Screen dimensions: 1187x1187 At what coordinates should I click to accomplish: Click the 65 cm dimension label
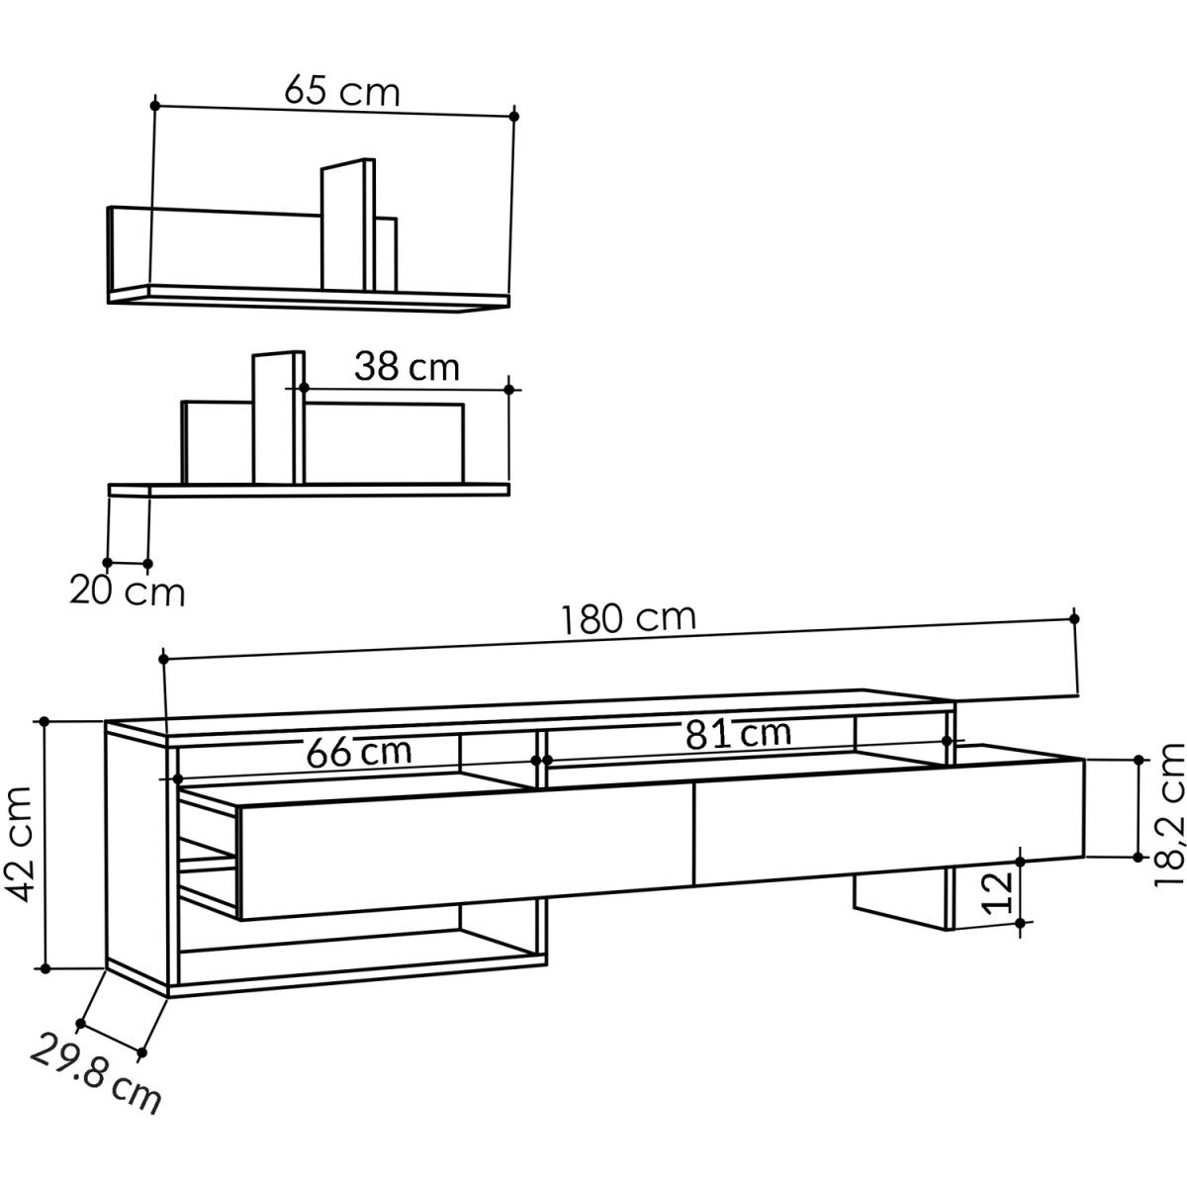[x=342, y=92]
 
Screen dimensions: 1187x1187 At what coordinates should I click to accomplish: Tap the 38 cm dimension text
[x=407, y=367]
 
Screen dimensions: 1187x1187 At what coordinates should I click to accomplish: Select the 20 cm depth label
[x=127, y=592]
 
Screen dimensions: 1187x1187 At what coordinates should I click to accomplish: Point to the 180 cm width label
[x=629, y=618]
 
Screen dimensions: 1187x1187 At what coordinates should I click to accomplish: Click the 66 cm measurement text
[x=358, y=752]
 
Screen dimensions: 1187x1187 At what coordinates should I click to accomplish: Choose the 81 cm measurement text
[x=737, y=733]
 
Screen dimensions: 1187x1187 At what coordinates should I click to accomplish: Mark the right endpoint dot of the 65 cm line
[x=514, y=117]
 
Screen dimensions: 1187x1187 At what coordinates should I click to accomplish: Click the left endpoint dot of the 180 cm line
[x=163, y=657]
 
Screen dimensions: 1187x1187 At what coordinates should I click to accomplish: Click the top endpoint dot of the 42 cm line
[x=45, y=722]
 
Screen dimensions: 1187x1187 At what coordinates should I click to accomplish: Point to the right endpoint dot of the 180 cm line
[x=1075, y=618]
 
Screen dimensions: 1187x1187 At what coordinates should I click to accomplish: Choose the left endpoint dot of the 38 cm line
[x=304, y=388]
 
